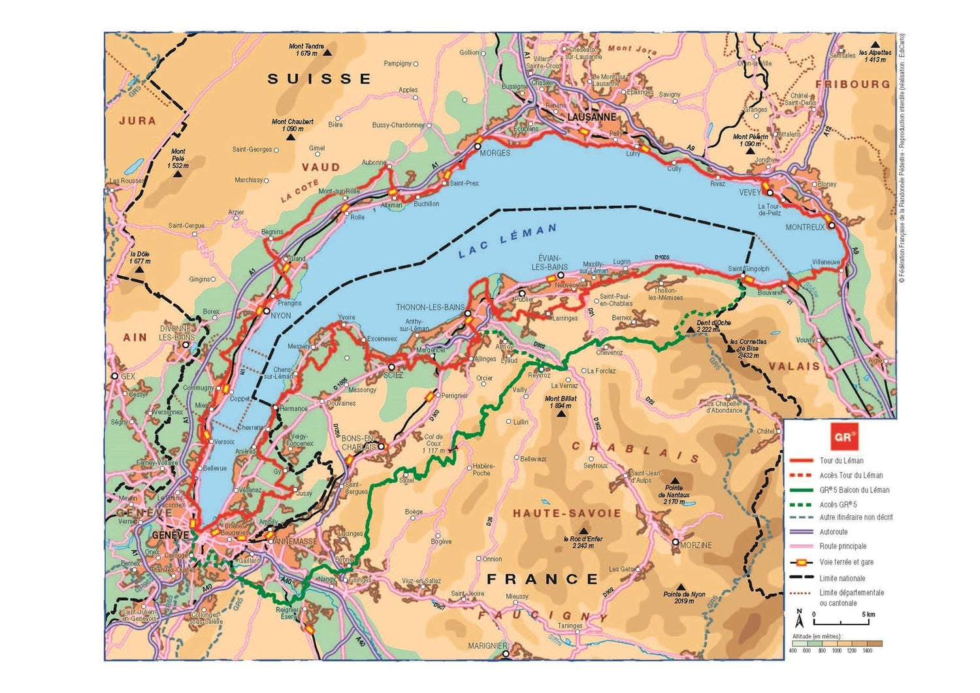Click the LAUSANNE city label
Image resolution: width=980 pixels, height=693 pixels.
click(x=591, y=117)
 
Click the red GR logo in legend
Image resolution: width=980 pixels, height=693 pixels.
click(x=843, y=437)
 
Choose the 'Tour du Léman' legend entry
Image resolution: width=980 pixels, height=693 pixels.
click(x=841, y=460)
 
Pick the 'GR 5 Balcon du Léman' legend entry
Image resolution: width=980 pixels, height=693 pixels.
click(x=854, y=490)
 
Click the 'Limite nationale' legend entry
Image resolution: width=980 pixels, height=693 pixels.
click(x=842, y=578)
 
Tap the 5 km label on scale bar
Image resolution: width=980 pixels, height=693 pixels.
click(x=868, y=615)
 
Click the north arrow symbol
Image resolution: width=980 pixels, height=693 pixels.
click(x=799, y=615)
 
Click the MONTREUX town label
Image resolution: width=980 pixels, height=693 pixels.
click(x=805, y=227)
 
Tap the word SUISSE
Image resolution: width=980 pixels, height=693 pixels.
click(x=319, y=79)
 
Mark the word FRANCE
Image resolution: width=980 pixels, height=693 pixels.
click(x=542, y=579)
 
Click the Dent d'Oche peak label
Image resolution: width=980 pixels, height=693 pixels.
click(x=713, y=323)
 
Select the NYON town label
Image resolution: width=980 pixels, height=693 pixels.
click(x=280, y=315)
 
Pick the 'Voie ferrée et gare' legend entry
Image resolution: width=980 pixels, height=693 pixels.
click(x=846, y=562)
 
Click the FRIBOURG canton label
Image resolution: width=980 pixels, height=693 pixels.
click(x=852, y=84)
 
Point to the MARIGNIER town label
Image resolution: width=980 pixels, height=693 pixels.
click(x=487, y=646)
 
